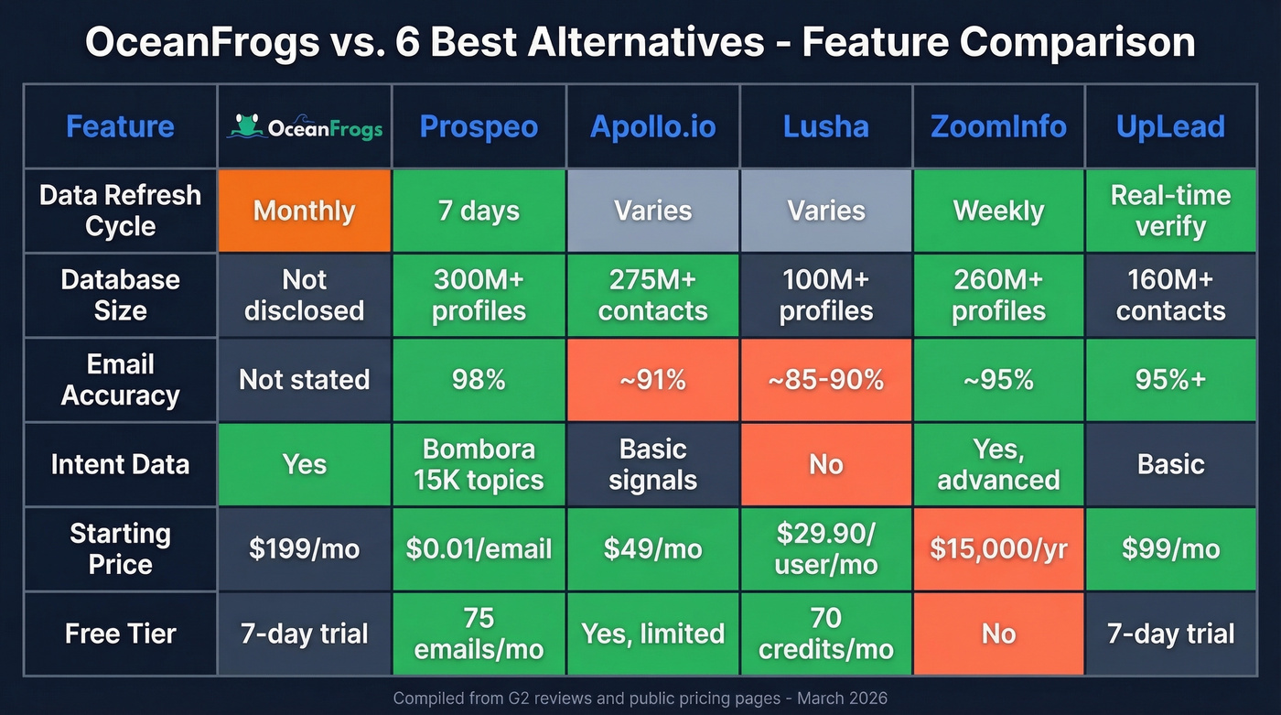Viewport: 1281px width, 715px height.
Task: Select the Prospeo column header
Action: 479,126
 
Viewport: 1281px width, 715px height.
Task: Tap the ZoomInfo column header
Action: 998,126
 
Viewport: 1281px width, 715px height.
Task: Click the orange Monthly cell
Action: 304,211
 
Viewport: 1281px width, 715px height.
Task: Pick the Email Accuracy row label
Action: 120,380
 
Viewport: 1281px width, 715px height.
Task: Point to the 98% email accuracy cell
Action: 479,380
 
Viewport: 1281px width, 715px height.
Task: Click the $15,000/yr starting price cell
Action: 998,548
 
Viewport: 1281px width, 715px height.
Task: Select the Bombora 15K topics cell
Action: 479,464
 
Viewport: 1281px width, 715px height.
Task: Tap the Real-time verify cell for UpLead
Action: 1170,211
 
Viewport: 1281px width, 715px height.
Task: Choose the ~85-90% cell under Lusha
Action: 825,380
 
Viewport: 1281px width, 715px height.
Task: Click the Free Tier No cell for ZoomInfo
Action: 998,634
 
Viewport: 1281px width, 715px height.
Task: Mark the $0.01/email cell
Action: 479,548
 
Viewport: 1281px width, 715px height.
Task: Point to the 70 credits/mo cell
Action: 825,634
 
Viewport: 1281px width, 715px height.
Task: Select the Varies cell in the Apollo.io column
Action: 652,211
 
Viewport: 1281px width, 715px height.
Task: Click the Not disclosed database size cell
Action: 304,295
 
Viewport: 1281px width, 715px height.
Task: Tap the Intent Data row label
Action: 120,464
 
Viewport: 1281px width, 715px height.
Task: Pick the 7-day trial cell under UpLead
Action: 1170,634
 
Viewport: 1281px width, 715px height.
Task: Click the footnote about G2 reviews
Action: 640,698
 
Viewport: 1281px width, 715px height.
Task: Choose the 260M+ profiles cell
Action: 998,295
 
